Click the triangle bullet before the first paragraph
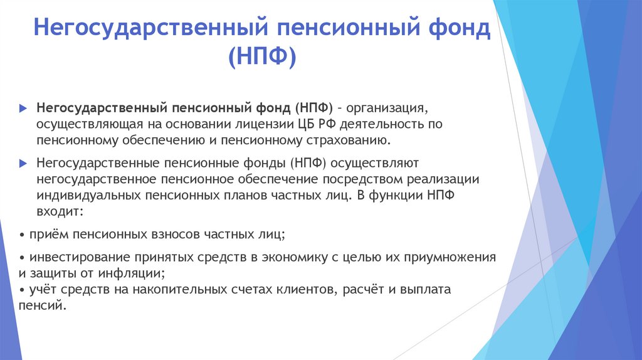pyautogui.click(x=23, y=108)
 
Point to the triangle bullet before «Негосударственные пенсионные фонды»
pyautogui.click(x=23, y=164)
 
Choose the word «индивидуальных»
pyautogui.click(x=88, y=196)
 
